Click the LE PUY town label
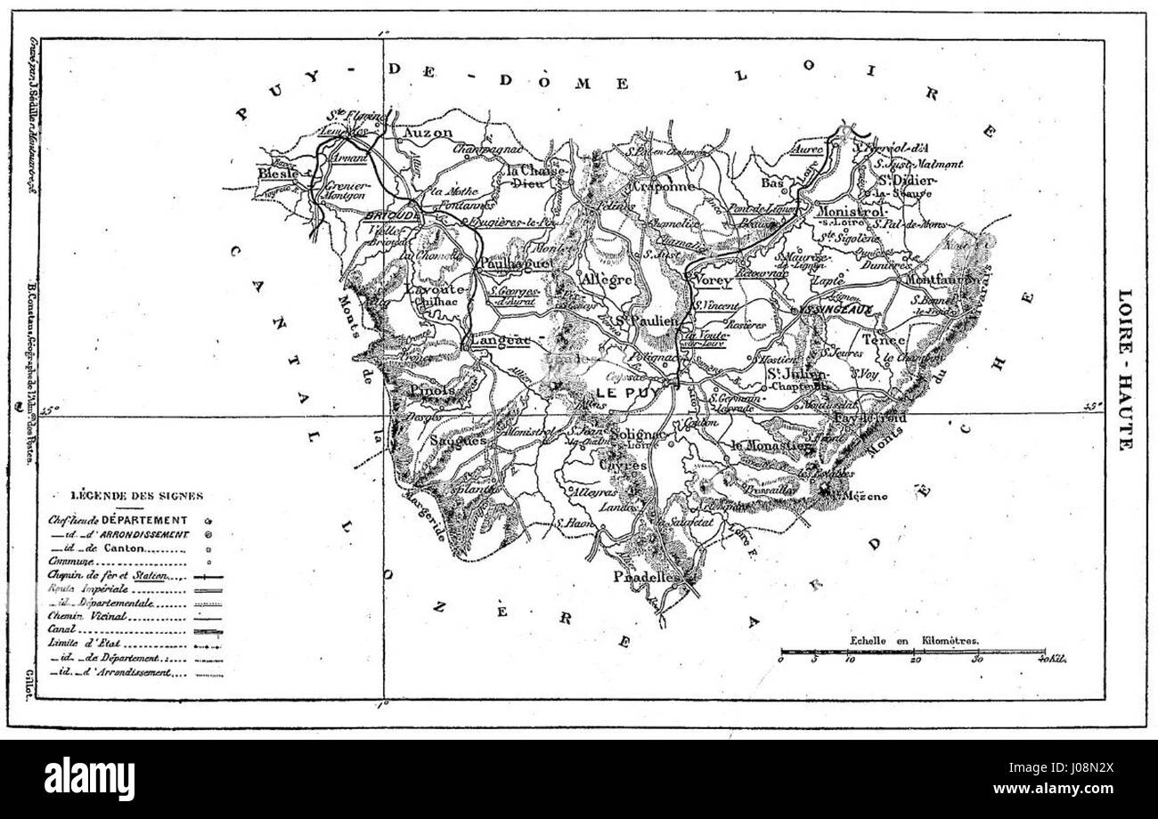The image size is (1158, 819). (x=621, y=393)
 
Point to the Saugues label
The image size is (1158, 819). (x=458, y=440)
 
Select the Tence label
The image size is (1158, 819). (x=884, y=339)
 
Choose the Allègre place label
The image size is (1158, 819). (x=606, y=279)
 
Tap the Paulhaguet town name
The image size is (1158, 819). (x=516, y=264)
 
